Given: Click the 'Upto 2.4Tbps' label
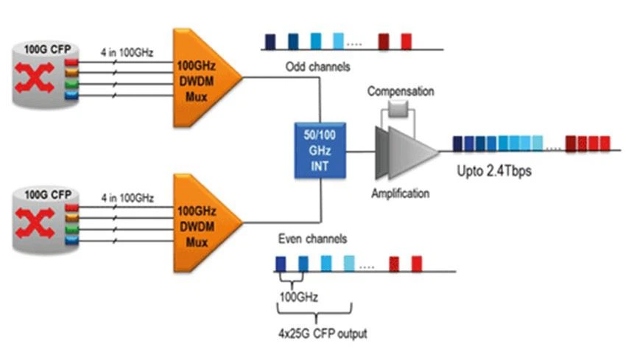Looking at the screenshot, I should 491,171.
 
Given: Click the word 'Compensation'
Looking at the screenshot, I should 401,91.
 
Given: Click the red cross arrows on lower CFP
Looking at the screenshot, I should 36,227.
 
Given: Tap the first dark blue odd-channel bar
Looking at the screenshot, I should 270,40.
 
